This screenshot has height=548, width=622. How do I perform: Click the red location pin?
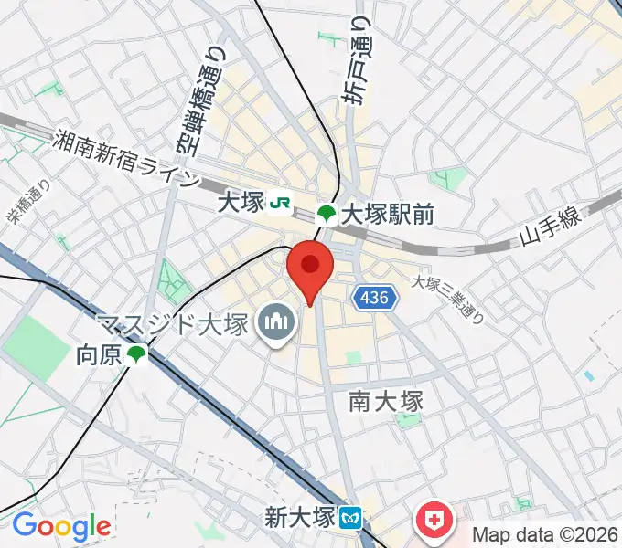(x=310, y=268)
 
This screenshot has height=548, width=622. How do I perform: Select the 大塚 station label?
(x=241, y=204)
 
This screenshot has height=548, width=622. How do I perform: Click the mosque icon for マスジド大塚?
(x=274, y=321)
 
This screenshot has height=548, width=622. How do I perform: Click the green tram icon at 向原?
(x=137, y=354)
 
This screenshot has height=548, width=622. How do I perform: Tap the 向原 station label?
(x=99, y=354)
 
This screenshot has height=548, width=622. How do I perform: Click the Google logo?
(x=61, y=526)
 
